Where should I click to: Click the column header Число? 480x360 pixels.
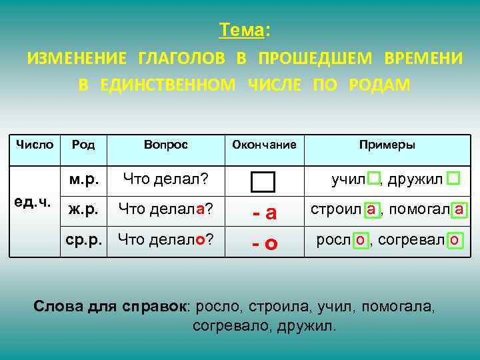pos(35,145)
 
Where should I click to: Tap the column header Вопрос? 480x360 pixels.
pos(165,145)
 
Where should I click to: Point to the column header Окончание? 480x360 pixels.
pos(263,145)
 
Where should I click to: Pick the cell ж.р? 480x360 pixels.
pos(84,209)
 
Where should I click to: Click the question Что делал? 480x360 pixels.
pos(164,179)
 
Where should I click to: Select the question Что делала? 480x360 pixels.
pos(166,209)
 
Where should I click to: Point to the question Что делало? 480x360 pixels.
pos(166,238)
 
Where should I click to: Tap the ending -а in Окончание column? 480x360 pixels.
pos(264,213)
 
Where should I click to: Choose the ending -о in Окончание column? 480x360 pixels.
pos(264,243)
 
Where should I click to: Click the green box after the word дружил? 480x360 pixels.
pos(453,178)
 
